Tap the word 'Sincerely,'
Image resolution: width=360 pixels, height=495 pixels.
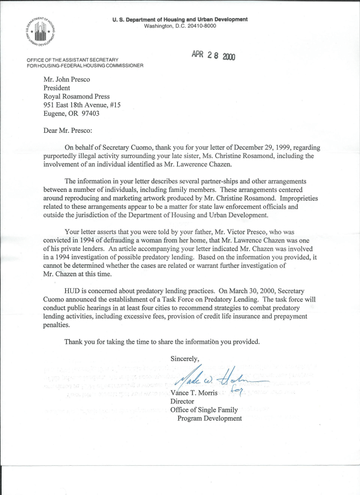tap(185, 358)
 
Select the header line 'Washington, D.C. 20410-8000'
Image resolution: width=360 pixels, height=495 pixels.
tap(180, 26)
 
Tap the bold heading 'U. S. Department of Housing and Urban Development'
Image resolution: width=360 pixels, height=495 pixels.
tap(180, 19)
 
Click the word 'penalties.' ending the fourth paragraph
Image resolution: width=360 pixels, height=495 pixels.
tap(60, 325)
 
